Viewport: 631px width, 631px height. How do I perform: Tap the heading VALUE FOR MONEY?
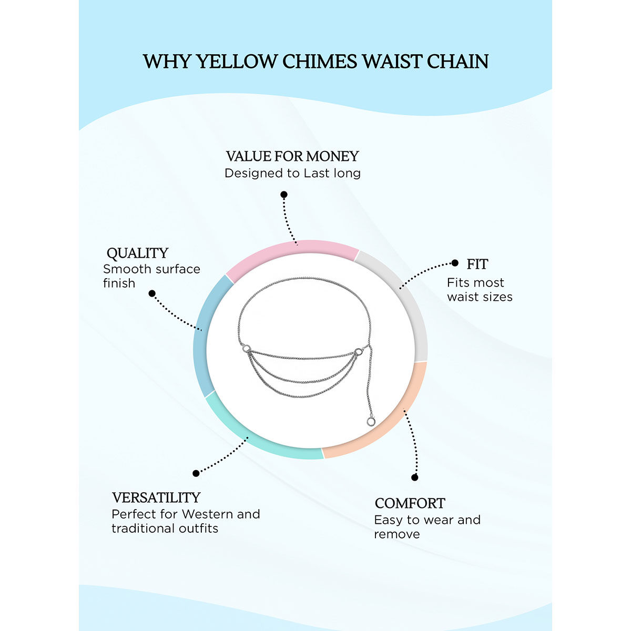click(x=292, y=156)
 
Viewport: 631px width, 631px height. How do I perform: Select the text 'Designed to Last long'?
click(x=292, y=173)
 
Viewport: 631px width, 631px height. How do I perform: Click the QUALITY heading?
click(x=137, y=253)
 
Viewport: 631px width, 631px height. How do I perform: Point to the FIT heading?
click(x=477, y=264)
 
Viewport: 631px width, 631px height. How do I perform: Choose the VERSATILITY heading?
click(x=156, y=497)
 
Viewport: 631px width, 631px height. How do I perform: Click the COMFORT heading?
click(x=410, y=503)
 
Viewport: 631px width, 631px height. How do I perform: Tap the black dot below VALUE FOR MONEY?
click(x=284, y=195)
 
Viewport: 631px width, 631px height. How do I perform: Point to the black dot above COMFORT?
click(x=415, y=477)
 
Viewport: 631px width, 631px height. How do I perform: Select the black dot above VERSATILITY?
click(x=196, y=473)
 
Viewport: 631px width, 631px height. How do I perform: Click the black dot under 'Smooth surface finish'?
click(x=152, y=293)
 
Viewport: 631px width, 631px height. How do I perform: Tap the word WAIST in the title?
click(x=392, y=62)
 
